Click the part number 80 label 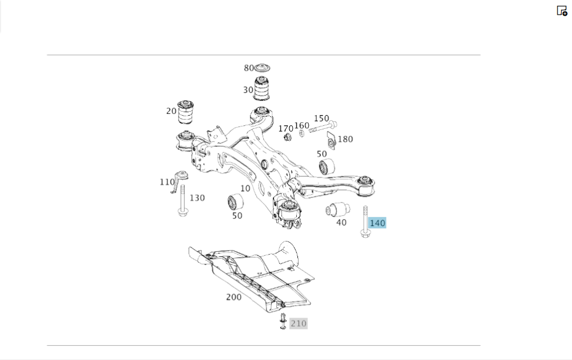click(248, 68)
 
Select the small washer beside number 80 click(262, 68)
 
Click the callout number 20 click(171, 111)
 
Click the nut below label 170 click(288, 137)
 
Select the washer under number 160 click(302, 133)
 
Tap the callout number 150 click(321, 118)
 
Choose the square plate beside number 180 click(330, 139)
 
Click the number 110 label click(167, 182)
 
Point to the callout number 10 click(245, 188)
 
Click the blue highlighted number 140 click(378, 223)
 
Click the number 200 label click(233, 297)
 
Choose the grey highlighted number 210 click(299, 323)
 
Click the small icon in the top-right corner click(562, 10)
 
